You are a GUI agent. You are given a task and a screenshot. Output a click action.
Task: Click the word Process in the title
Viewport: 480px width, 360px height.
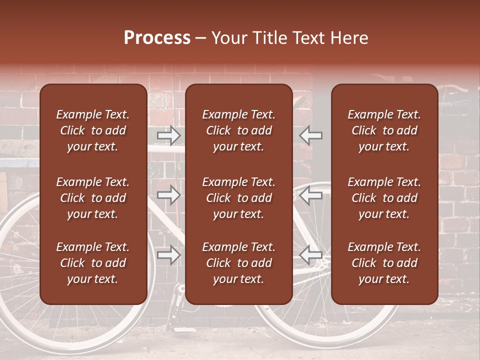(x=157, y=38)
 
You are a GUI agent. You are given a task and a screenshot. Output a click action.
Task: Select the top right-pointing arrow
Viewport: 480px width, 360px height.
(x=169, y=135)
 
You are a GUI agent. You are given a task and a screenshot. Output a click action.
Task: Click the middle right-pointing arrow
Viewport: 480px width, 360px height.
(x=169, y=195)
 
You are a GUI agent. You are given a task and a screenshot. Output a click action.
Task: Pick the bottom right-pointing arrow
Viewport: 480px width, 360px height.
(x=169, y=255)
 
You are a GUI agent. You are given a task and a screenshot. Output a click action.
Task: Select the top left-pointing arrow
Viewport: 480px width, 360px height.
(x=311, y=135)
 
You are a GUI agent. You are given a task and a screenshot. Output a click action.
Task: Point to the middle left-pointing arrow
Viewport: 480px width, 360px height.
(x=311, y=195)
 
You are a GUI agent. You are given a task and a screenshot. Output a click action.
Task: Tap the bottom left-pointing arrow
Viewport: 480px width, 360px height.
(x=311, y=255)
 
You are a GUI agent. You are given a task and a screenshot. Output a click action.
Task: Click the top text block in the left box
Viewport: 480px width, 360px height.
(x=93, y=130)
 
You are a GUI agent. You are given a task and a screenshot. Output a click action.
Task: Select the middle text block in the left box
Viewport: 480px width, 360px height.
(x=93, y=198)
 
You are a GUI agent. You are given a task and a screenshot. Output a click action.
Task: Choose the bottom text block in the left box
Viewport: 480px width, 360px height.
(x=93, y=263)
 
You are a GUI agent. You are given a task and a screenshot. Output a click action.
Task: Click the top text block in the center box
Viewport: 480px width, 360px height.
(x=238, y=130)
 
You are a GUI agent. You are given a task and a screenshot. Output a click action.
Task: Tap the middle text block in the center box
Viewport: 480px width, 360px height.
(x=238, y=198)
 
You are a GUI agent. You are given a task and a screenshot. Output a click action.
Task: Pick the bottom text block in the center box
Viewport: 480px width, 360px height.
(x=238, y=263)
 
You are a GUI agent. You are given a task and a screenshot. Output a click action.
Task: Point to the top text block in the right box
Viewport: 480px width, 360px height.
(x=384, y=130)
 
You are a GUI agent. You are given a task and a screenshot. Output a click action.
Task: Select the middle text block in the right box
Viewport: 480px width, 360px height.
(x=384, y=198)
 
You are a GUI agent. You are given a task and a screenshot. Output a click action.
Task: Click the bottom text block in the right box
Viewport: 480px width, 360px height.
(x=384, y=263)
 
